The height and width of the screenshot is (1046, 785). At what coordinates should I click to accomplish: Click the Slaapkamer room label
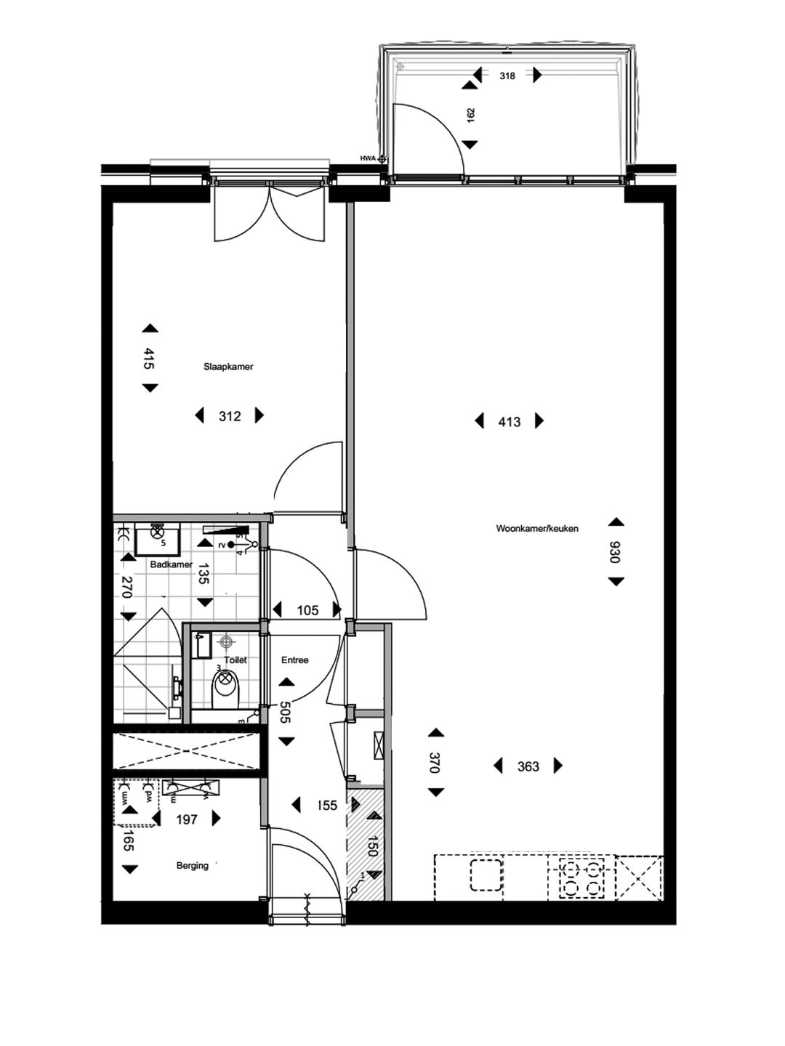coord(228,367)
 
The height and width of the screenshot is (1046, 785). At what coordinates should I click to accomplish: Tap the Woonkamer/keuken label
coord(537,529)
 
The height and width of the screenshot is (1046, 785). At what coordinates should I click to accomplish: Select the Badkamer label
coord(171,564)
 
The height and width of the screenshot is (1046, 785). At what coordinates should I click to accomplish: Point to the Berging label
coord(192,866)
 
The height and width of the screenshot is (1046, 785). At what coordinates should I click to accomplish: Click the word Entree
coord(295,660)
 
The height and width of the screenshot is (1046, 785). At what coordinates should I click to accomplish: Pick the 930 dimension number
coord(615,552)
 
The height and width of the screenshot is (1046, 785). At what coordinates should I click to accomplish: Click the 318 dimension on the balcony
coord(507,76)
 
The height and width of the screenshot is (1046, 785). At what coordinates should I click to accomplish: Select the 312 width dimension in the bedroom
coord(230,416)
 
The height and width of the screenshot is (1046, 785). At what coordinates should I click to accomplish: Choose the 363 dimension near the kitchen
coord(528,766)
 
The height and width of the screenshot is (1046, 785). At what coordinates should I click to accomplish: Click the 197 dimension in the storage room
coord(187,819)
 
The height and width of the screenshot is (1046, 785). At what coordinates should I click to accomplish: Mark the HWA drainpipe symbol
coord(382,158)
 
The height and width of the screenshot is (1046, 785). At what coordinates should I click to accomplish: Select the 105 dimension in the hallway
coord(307,611)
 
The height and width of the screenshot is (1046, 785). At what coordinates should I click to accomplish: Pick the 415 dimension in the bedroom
coord(149,359)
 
